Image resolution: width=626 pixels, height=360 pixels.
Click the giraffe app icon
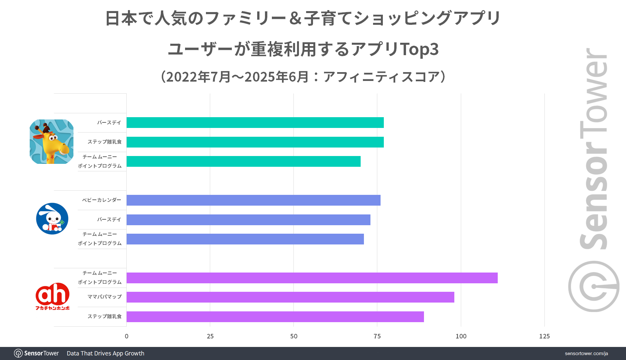(52, 142)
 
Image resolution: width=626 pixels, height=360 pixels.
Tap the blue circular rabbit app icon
(52, 219)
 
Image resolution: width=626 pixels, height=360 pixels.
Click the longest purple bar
(312, 278)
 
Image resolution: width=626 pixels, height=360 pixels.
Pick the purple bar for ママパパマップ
(290, 297)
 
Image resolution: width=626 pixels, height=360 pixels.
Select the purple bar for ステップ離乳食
(275, 317)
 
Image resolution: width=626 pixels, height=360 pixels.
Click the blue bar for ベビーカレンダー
(253, 200)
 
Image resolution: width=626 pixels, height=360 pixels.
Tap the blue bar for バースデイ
(248, 220)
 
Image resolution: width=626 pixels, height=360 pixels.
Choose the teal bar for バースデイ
(255, 122)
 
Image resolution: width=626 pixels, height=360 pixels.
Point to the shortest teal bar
(243, 161)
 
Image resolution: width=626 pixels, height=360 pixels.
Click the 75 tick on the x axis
(377, 336)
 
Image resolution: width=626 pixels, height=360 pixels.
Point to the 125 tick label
(544, 336)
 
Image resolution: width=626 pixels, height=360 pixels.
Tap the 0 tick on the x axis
(127, 336)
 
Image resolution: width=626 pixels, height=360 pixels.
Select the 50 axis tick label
(294, 336)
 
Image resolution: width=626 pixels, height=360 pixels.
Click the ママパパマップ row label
(104, 297)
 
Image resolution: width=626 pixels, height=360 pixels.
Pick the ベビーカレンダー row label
(102, 200)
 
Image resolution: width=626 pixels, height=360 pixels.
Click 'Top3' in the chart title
(419, 49)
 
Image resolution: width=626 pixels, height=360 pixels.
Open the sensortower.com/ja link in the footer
(586, 353)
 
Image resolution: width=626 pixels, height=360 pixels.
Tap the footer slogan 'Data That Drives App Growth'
(105, 353)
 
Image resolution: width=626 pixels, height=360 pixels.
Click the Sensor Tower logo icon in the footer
(18, 353)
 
